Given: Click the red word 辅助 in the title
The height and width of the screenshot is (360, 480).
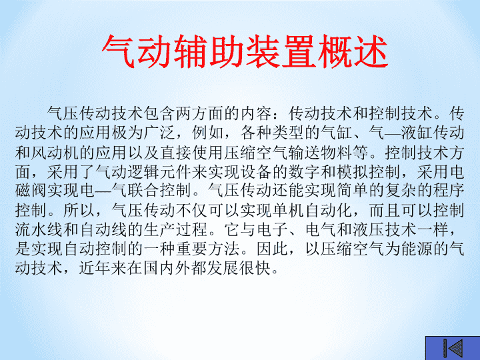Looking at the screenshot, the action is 209,51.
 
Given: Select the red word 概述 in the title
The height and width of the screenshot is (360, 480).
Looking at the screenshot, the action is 353,51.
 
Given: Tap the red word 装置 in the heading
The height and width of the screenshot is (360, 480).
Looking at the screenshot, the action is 281,51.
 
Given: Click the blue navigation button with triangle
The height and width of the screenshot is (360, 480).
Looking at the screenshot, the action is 453,348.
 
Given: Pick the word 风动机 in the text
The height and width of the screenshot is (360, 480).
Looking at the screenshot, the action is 55,152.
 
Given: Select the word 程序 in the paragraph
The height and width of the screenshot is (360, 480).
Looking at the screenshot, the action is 448,191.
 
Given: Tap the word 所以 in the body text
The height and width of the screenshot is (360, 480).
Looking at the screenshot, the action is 79,210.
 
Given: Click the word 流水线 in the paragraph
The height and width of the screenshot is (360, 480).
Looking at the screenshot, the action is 39,229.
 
